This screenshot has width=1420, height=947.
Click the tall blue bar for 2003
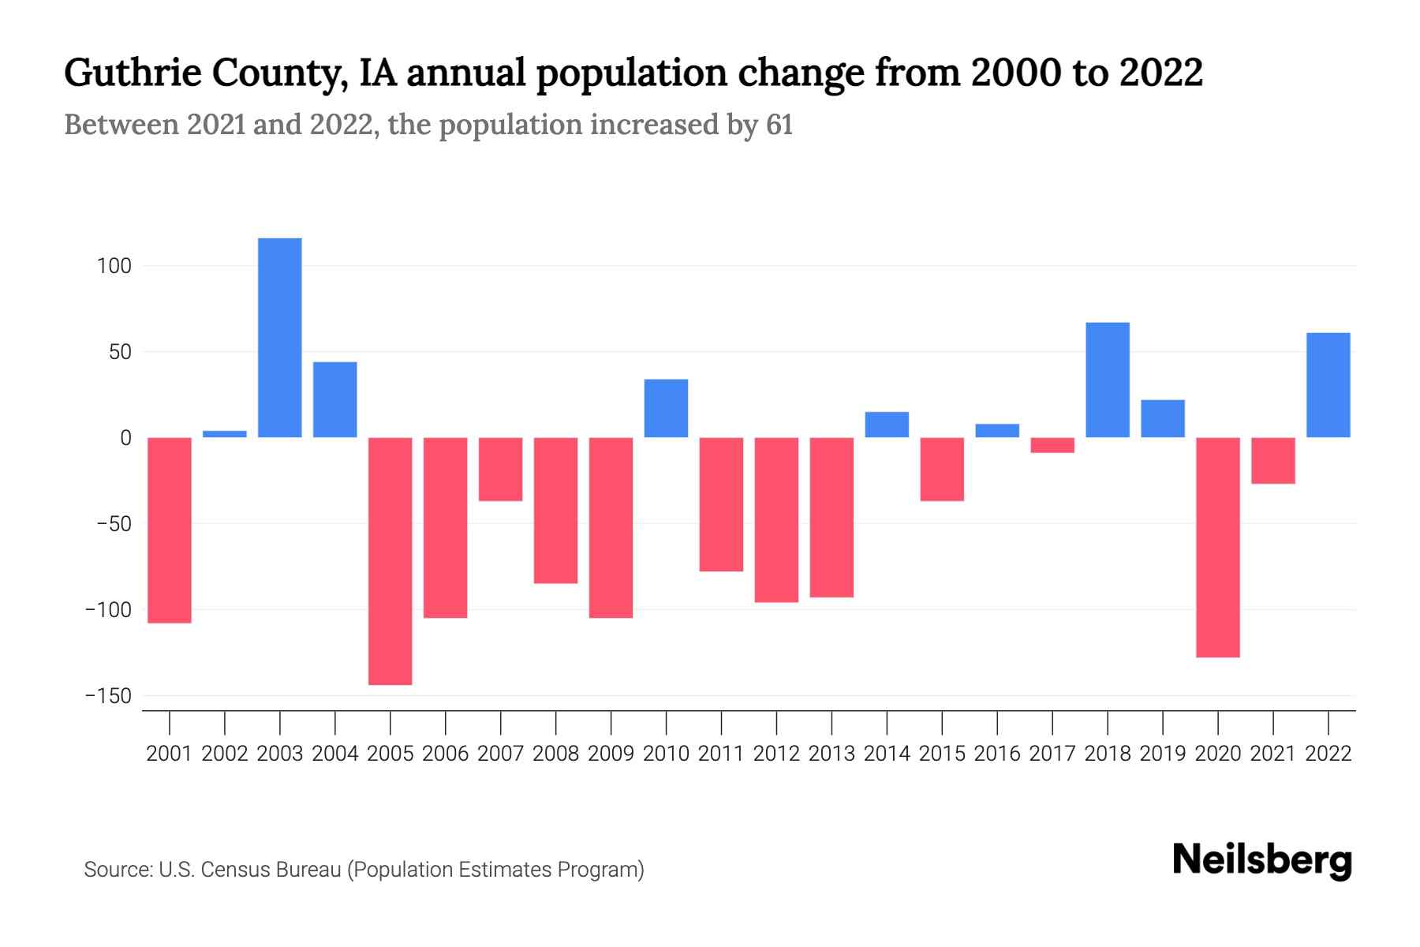[280, 338]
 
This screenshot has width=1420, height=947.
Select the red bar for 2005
[390, 560]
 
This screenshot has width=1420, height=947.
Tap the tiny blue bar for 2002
[225, 433]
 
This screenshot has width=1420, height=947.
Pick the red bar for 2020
[1218, 547]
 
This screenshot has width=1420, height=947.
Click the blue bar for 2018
[1108, 380]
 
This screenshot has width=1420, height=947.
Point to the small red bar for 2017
[1052, 445]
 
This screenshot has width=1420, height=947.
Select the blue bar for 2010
[666, 408]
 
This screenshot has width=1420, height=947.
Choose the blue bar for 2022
[1328, 385]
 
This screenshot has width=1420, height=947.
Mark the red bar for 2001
[170, 530]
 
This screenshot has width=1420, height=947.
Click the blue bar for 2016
[997, 431]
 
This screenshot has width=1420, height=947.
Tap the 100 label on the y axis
[114, 266]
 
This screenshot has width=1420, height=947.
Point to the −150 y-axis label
[108, 696]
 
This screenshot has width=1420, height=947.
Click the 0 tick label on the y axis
[125, 438]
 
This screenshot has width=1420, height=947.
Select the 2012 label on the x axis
[776, 754]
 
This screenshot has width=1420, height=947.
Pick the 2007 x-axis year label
[500, 754]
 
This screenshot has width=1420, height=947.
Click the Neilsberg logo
[1262, 860]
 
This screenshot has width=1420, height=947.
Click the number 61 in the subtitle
[779, 125]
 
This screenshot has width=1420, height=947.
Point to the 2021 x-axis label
[1273, 754]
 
